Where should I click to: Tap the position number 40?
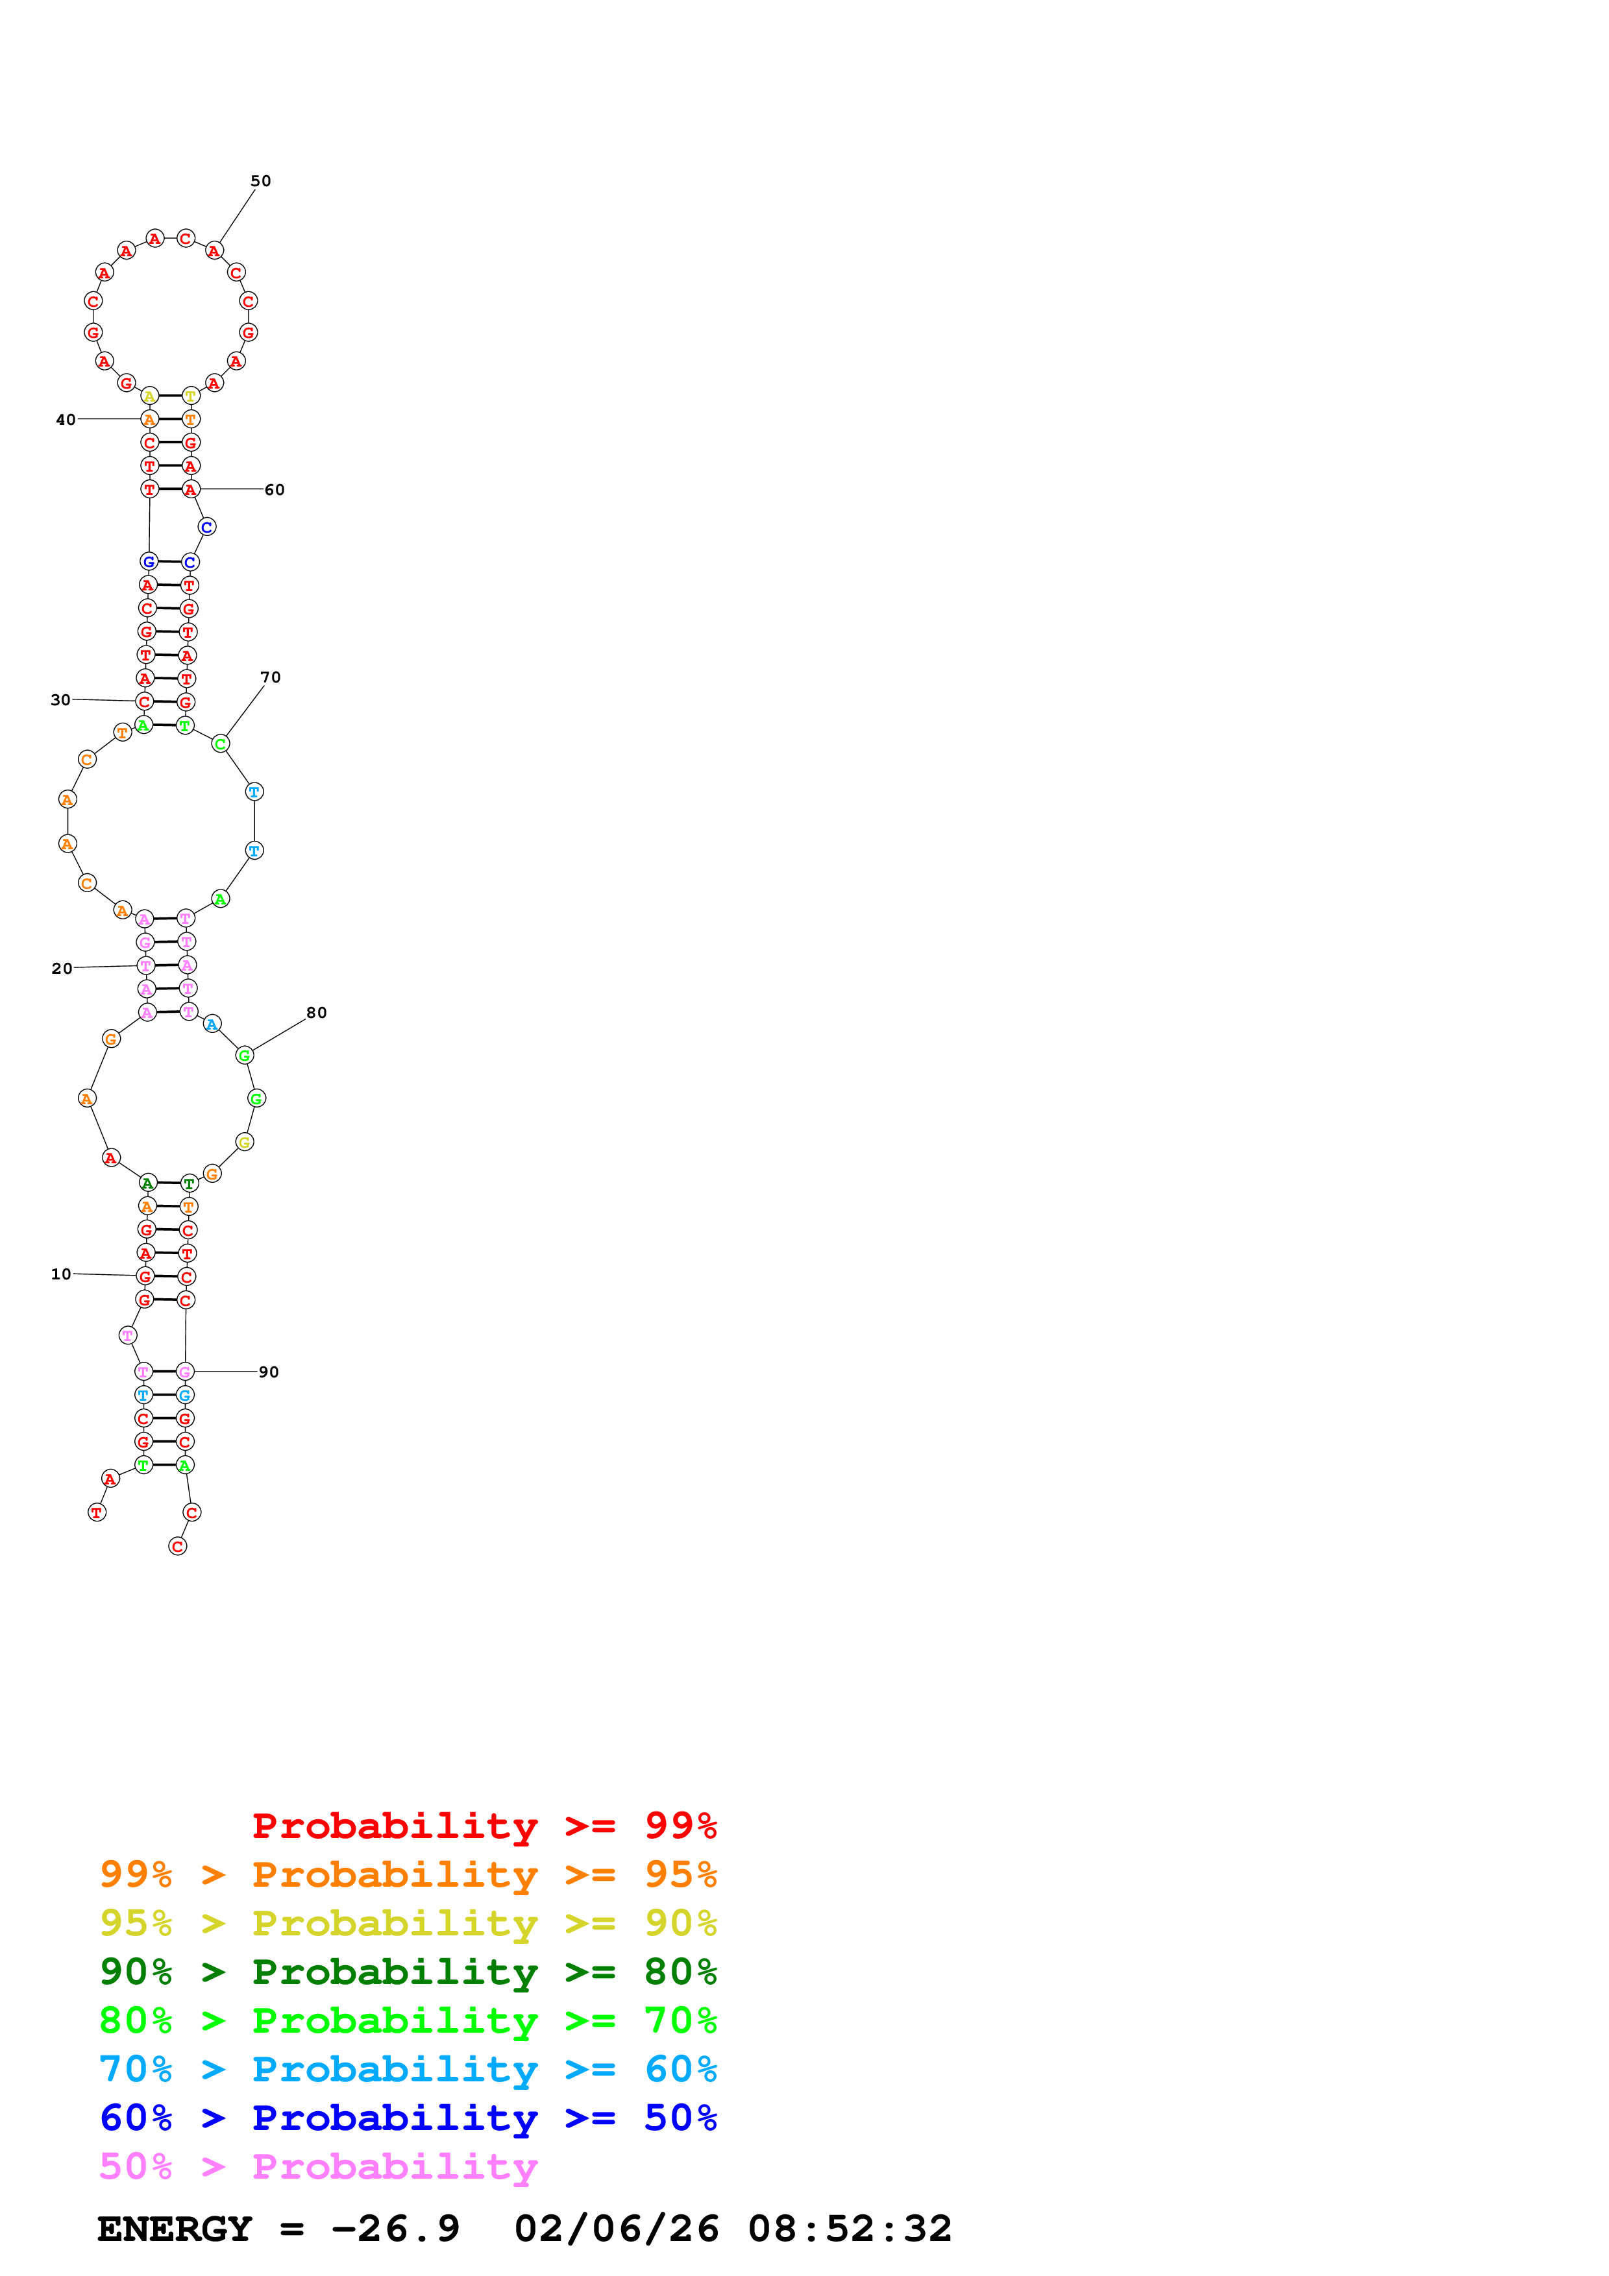pyautogui.click(x=66, y=419)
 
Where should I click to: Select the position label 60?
pyautogui.click(x=275, y=490)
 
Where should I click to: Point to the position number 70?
pyautogui.click(x=271, y=677)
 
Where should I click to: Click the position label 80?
pyautogui.click(x=316, y=1012)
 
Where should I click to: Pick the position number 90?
pyautogui.click(x=269, y=1372)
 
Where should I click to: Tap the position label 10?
pyautogui.click(x=62, y=1274)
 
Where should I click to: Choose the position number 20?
pyautogui.click(x=62, y=969)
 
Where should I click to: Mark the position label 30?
pyautogui.click(x=60, y=700)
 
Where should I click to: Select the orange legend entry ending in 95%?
pyautogui.click(x=408, y=1874)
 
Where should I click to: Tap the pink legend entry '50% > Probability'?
pyautogui.click(x=318, y=2167)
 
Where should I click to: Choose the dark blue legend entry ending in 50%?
pyautogui.click(x=408, y=2118)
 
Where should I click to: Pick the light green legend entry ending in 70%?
pyautogui.click(x=408, y=2020)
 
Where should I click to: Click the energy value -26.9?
pyautogui.click(x=395, y=2229)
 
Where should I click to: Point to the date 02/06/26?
pyautogui.click(x=617, y=2229)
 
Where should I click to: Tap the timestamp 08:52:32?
pyautogui.click(x=850, y=2229)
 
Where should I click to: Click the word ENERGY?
pyautogui.click(x=175, y=2229)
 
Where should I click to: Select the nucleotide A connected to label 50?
pyautogui.click(x=214, y=252)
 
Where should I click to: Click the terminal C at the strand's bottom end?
pyautogui.click(x=177, y=1546)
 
